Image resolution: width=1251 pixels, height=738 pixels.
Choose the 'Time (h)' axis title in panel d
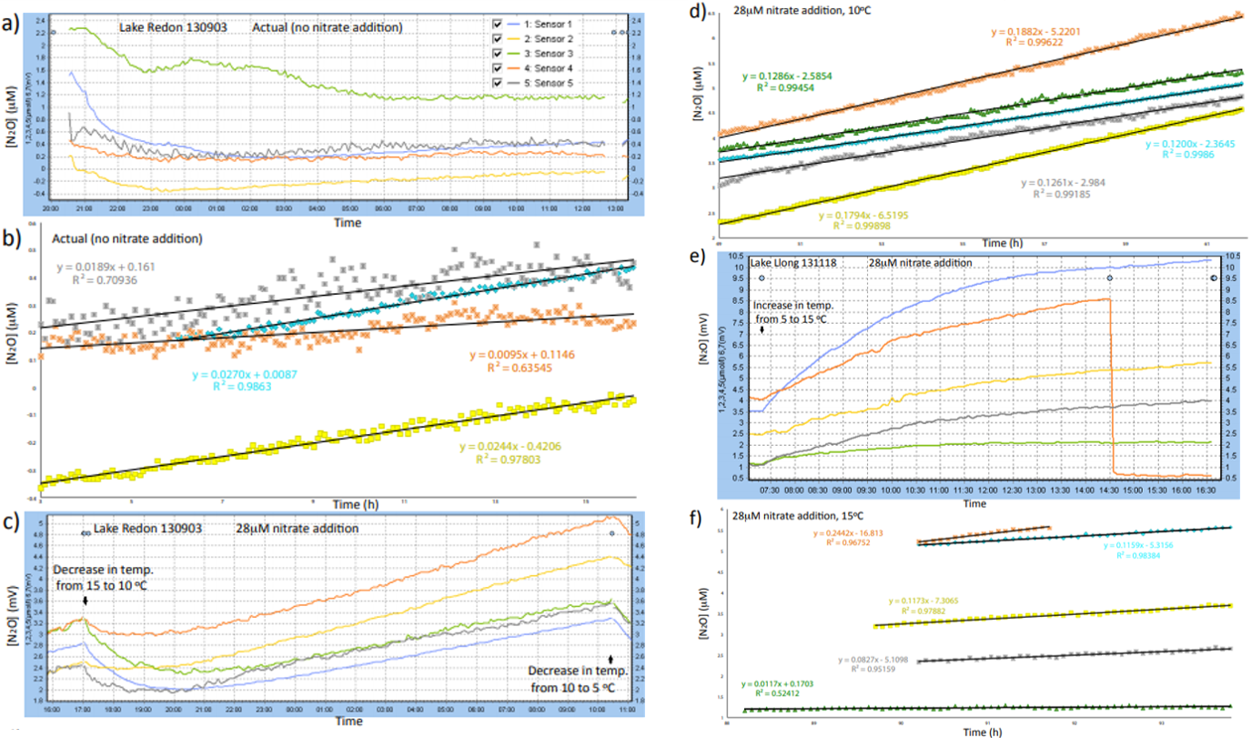pyautogui.click(x=982, y=243)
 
